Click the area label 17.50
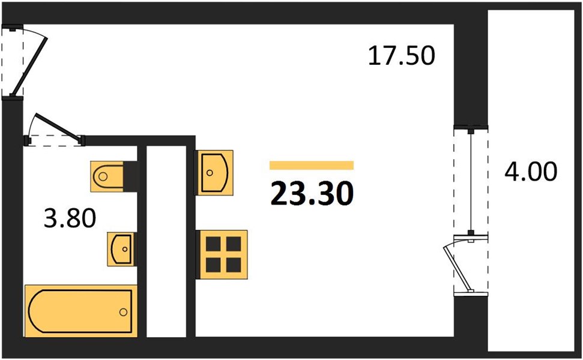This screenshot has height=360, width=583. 401,56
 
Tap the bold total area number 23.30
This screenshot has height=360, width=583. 312,194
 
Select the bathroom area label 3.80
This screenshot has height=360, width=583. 70,218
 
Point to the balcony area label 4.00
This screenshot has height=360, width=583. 531,172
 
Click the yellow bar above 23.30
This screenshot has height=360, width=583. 312,166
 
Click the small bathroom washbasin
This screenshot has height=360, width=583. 121,249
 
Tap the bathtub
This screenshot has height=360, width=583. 81,311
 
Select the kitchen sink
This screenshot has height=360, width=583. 214,172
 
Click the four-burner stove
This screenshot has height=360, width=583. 222,255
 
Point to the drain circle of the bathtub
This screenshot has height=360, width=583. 123,312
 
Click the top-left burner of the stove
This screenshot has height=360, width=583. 213,244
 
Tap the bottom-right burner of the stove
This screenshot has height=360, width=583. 234,265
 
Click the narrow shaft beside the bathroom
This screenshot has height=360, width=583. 166,241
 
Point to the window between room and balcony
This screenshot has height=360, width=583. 471,181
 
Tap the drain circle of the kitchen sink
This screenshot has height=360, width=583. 210,173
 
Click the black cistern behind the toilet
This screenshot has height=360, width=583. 130,176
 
